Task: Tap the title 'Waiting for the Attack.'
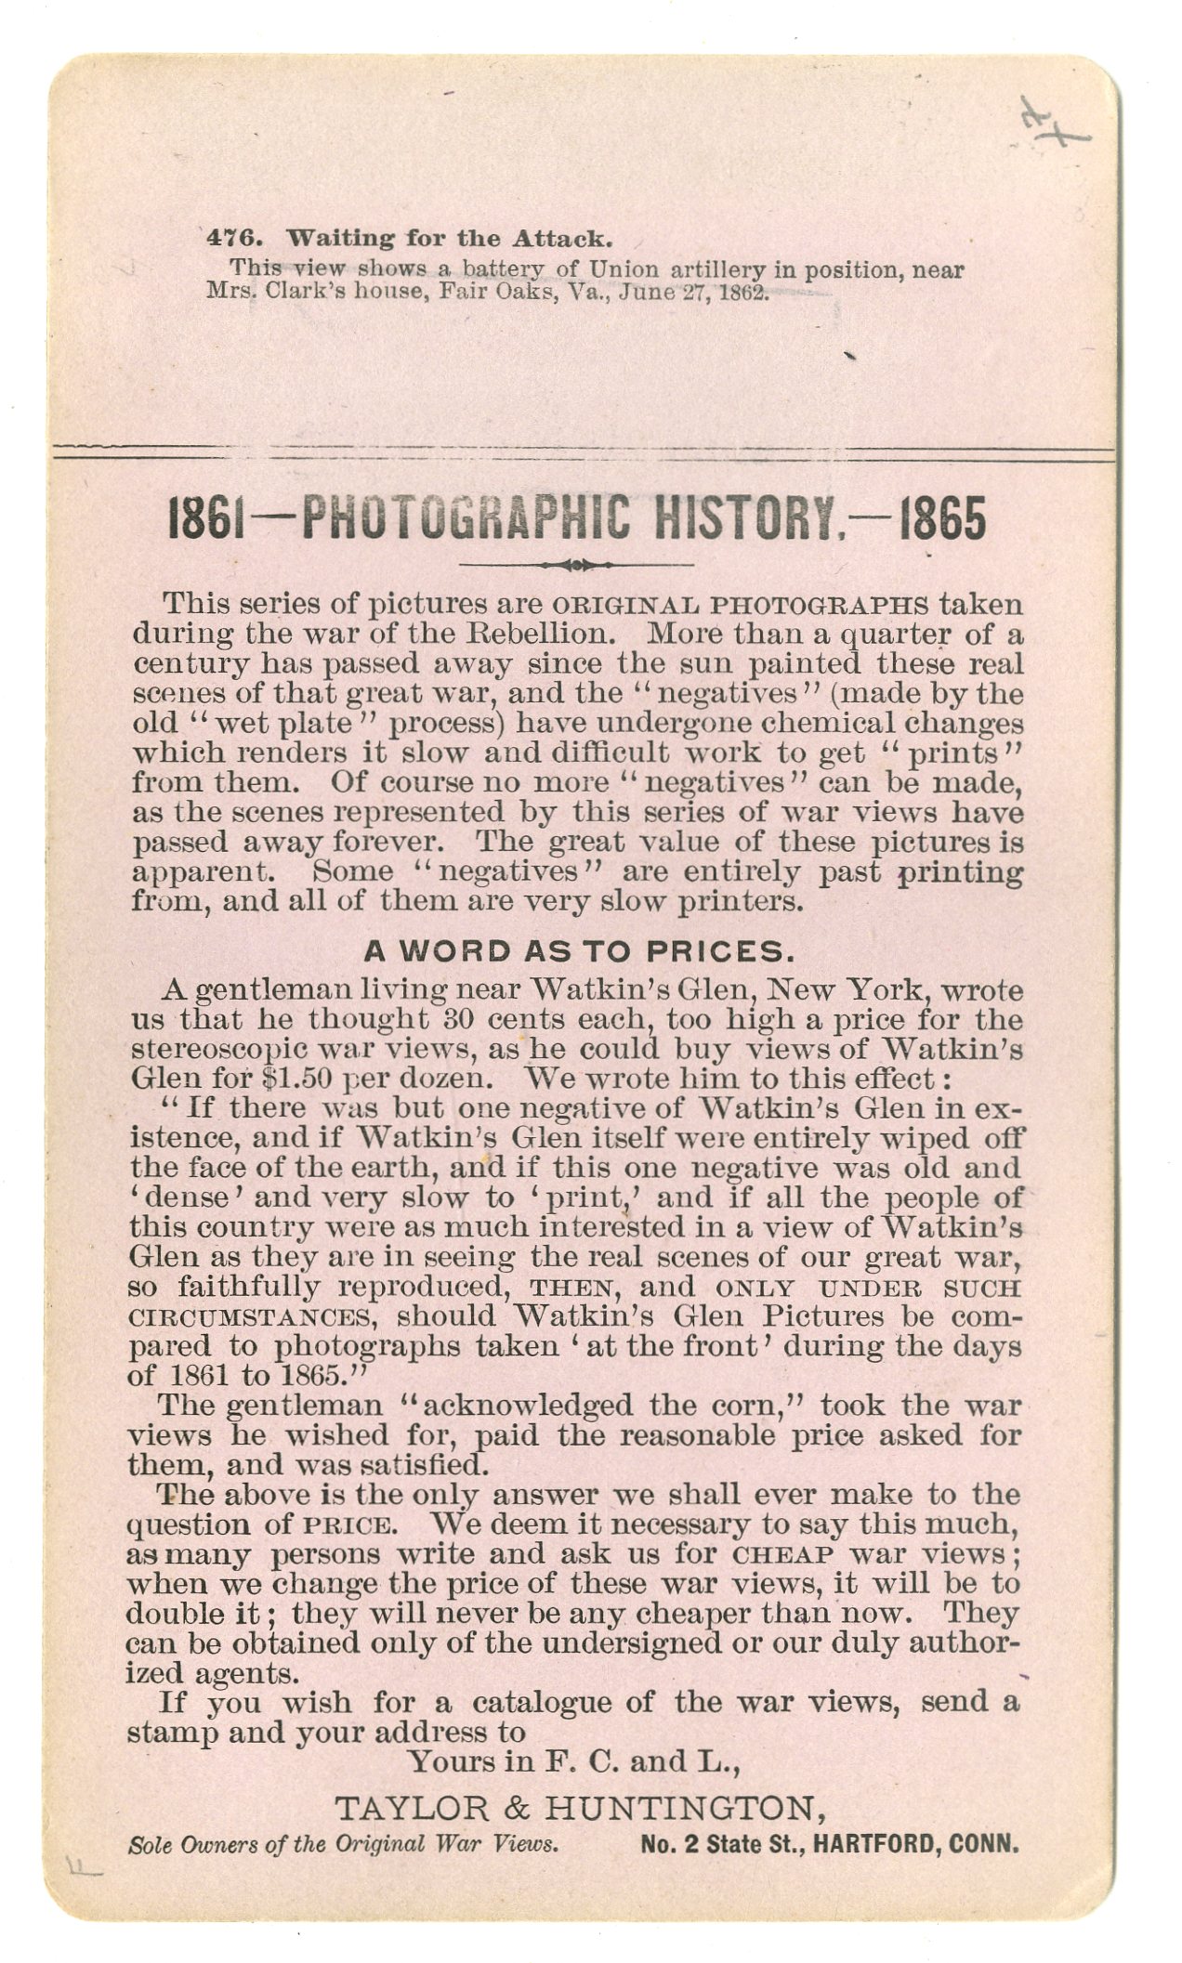[x=449, y=238]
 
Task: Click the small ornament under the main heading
[x=577, y=565]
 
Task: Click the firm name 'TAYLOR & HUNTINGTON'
[x=579, y=1808]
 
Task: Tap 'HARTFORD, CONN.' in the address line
[x=916, y=1844]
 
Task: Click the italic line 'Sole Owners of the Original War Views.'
[x=343, y=1844]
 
